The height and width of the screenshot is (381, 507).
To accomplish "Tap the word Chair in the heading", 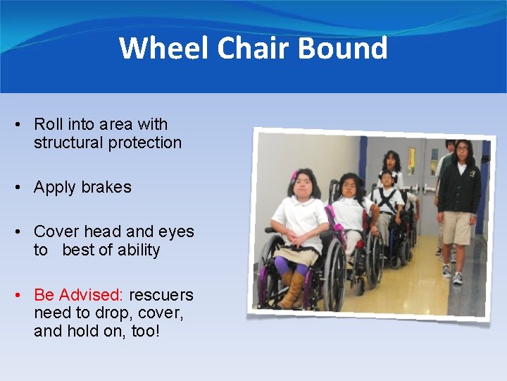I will (x=254, y=49).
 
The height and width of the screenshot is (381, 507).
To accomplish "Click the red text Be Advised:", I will (x=78, y=295).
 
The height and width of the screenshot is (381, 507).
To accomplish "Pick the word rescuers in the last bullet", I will (x=161, y=295).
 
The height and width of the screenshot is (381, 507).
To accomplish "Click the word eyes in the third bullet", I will (x=177, y=231).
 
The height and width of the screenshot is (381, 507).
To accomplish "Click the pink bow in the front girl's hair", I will (x=294, y=175).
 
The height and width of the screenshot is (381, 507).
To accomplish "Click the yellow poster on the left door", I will (x=411, y=161).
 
